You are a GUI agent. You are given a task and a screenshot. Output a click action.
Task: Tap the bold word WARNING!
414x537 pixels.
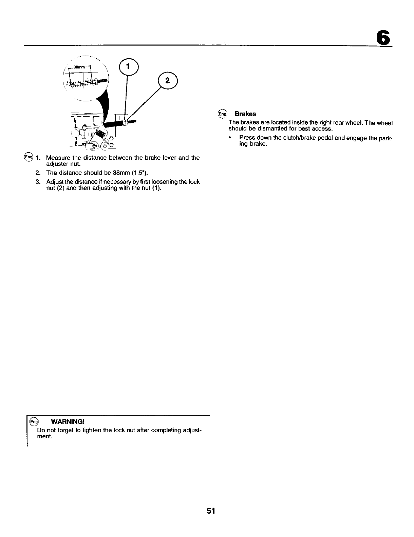(x=67, y=422)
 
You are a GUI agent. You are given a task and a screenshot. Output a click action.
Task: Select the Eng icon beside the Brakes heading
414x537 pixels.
(x=222, y=114)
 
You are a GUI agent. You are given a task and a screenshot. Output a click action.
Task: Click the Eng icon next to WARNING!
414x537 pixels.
(x=34, y=422)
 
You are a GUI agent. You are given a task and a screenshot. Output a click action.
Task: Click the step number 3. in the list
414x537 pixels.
(x=38, y=182)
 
